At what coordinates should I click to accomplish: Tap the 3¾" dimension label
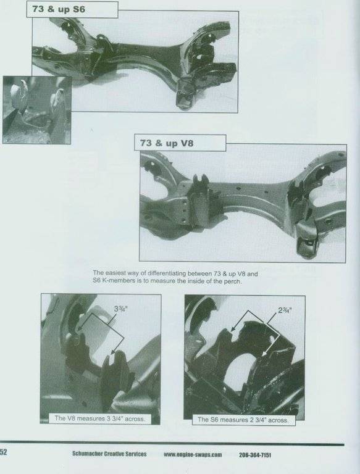pyautogui.click(x=120, y=309)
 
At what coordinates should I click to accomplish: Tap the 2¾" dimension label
pyautogui.click(x=285, y=310)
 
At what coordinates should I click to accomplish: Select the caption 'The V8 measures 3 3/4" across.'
pyautogui.click(x=100, y=418)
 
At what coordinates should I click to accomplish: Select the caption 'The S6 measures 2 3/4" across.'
pyautogui.click(x=243, y=420)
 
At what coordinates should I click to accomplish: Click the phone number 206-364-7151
pyautogui.click(x=255, y=455)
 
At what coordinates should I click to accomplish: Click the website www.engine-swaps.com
pyautogui.click(x=193, y=454)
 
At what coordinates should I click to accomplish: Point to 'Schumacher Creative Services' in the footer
pyautogui.click(x=109, y=454)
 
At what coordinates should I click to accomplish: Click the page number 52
pyautogui.click(x=3, y=452)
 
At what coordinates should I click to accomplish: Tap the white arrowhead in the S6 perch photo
pyautogui.click(x=264, y=354)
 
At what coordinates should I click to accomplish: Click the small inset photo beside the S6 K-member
pyautogui.click(x=37, y=110)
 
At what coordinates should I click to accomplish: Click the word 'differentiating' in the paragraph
pyautogui.click(x=166, y=274)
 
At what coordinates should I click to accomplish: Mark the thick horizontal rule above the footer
pyautogui.click(x=172, y=444)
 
